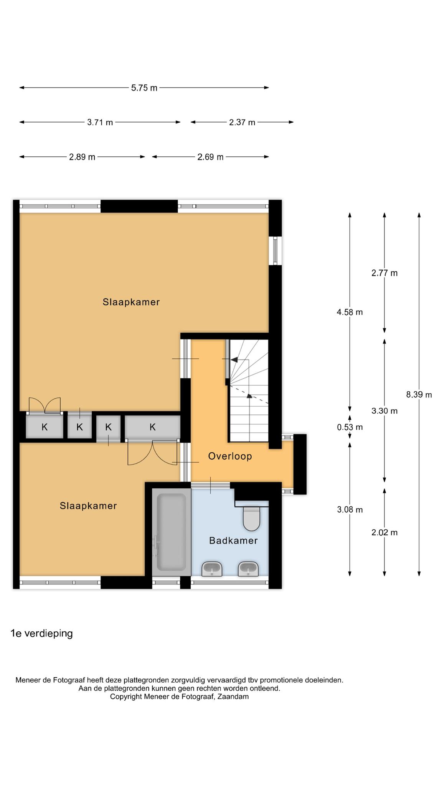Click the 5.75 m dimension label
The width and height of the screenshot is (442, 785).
pyautogui.click(x=144, y=88)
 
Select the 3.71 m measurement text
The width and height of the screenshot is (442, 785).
pyautogui.click(x=100, y=122)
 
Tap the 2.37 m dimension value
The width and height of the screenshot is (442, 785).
pyautogui.click(x=242, y=122)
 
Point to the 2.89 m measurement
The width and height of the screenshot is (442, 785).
pyautogui.click(x=82, y=157)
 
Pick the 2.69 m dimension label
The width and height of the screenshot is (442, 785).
pyautogui.click(x=210, y=157)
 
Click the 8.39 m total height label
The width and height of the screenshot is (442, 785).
pyautogui.click(x=419, y=394)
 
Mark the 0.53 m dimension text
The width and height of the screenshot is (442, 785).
pyautogui.click(x=350, y=427)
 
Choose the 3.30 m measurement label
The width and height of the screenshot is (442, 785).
pyautogui.click(x=384, y=411)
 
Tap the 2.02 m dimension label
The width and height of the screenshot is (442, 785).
pyautogui.click(x=384, y=532)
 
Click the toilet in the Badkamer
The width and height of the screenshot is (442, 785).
pyautogui.click(x=252, y=518)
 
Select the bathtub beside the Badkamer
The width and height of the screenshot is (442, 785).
pyautogui.click(x=172, y=532)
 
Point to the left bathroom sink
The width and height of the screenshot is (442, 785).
pyautogui.click(x=212, y=568)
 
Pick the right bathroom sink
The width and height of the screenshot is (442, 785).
pyautogui.click(x=248, y=568)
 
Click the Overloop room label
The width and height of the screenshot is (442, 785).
pyautogui.click(x=230, y=456)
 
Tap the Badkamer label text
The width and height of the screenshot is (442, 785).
pyautogui.click(x=233, y=540)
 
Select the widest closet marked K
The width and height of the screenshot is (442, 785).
pyautogui.click(x=153, y=427)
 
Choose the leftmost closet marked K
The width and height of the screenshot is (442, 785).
pyautogui.click(x=45, y=427)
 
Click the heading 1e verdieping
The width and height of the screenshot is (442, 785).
pyautogui.click(x=41, y=633)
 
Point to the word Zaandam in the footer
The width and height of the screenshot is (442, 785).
pyautogui.click(x=233, y=696)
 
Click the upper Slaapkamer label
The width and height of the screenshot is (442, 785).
pyautogui.click(x=131, y=302)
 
